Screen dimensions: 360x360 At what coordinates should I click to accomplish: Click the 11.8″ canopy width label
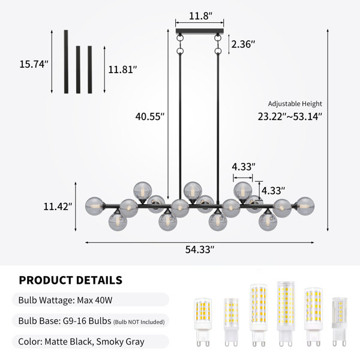[x=200, y=16]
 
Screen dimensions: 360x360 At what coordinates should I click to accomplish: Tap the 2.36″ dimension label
[x=243, y=44]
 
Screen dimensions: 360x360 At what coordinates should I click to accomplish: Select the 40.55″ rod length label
[x=150, y=116]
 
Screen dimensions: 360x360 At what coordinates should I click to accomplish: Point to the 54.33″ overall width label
[x=200, y=250]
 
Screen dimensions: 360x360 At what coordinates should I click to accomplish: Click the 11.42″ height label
[x=58, y=206]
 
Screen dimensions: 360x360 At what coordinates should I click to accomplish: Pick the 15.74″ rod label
[x=34, y=64]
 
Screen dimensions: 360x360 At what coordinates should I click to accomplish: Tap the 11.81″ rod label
[x=122, y=70]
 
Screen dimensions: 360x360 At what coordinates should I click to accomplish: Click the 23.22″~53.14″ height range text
[x=290, y=116]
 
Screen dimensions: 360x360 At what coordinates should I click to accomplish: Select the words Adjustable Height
[x=295, y=104]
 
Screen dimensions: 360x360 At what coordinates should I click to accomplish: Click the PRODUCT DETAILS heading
[x=70, y=280]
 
